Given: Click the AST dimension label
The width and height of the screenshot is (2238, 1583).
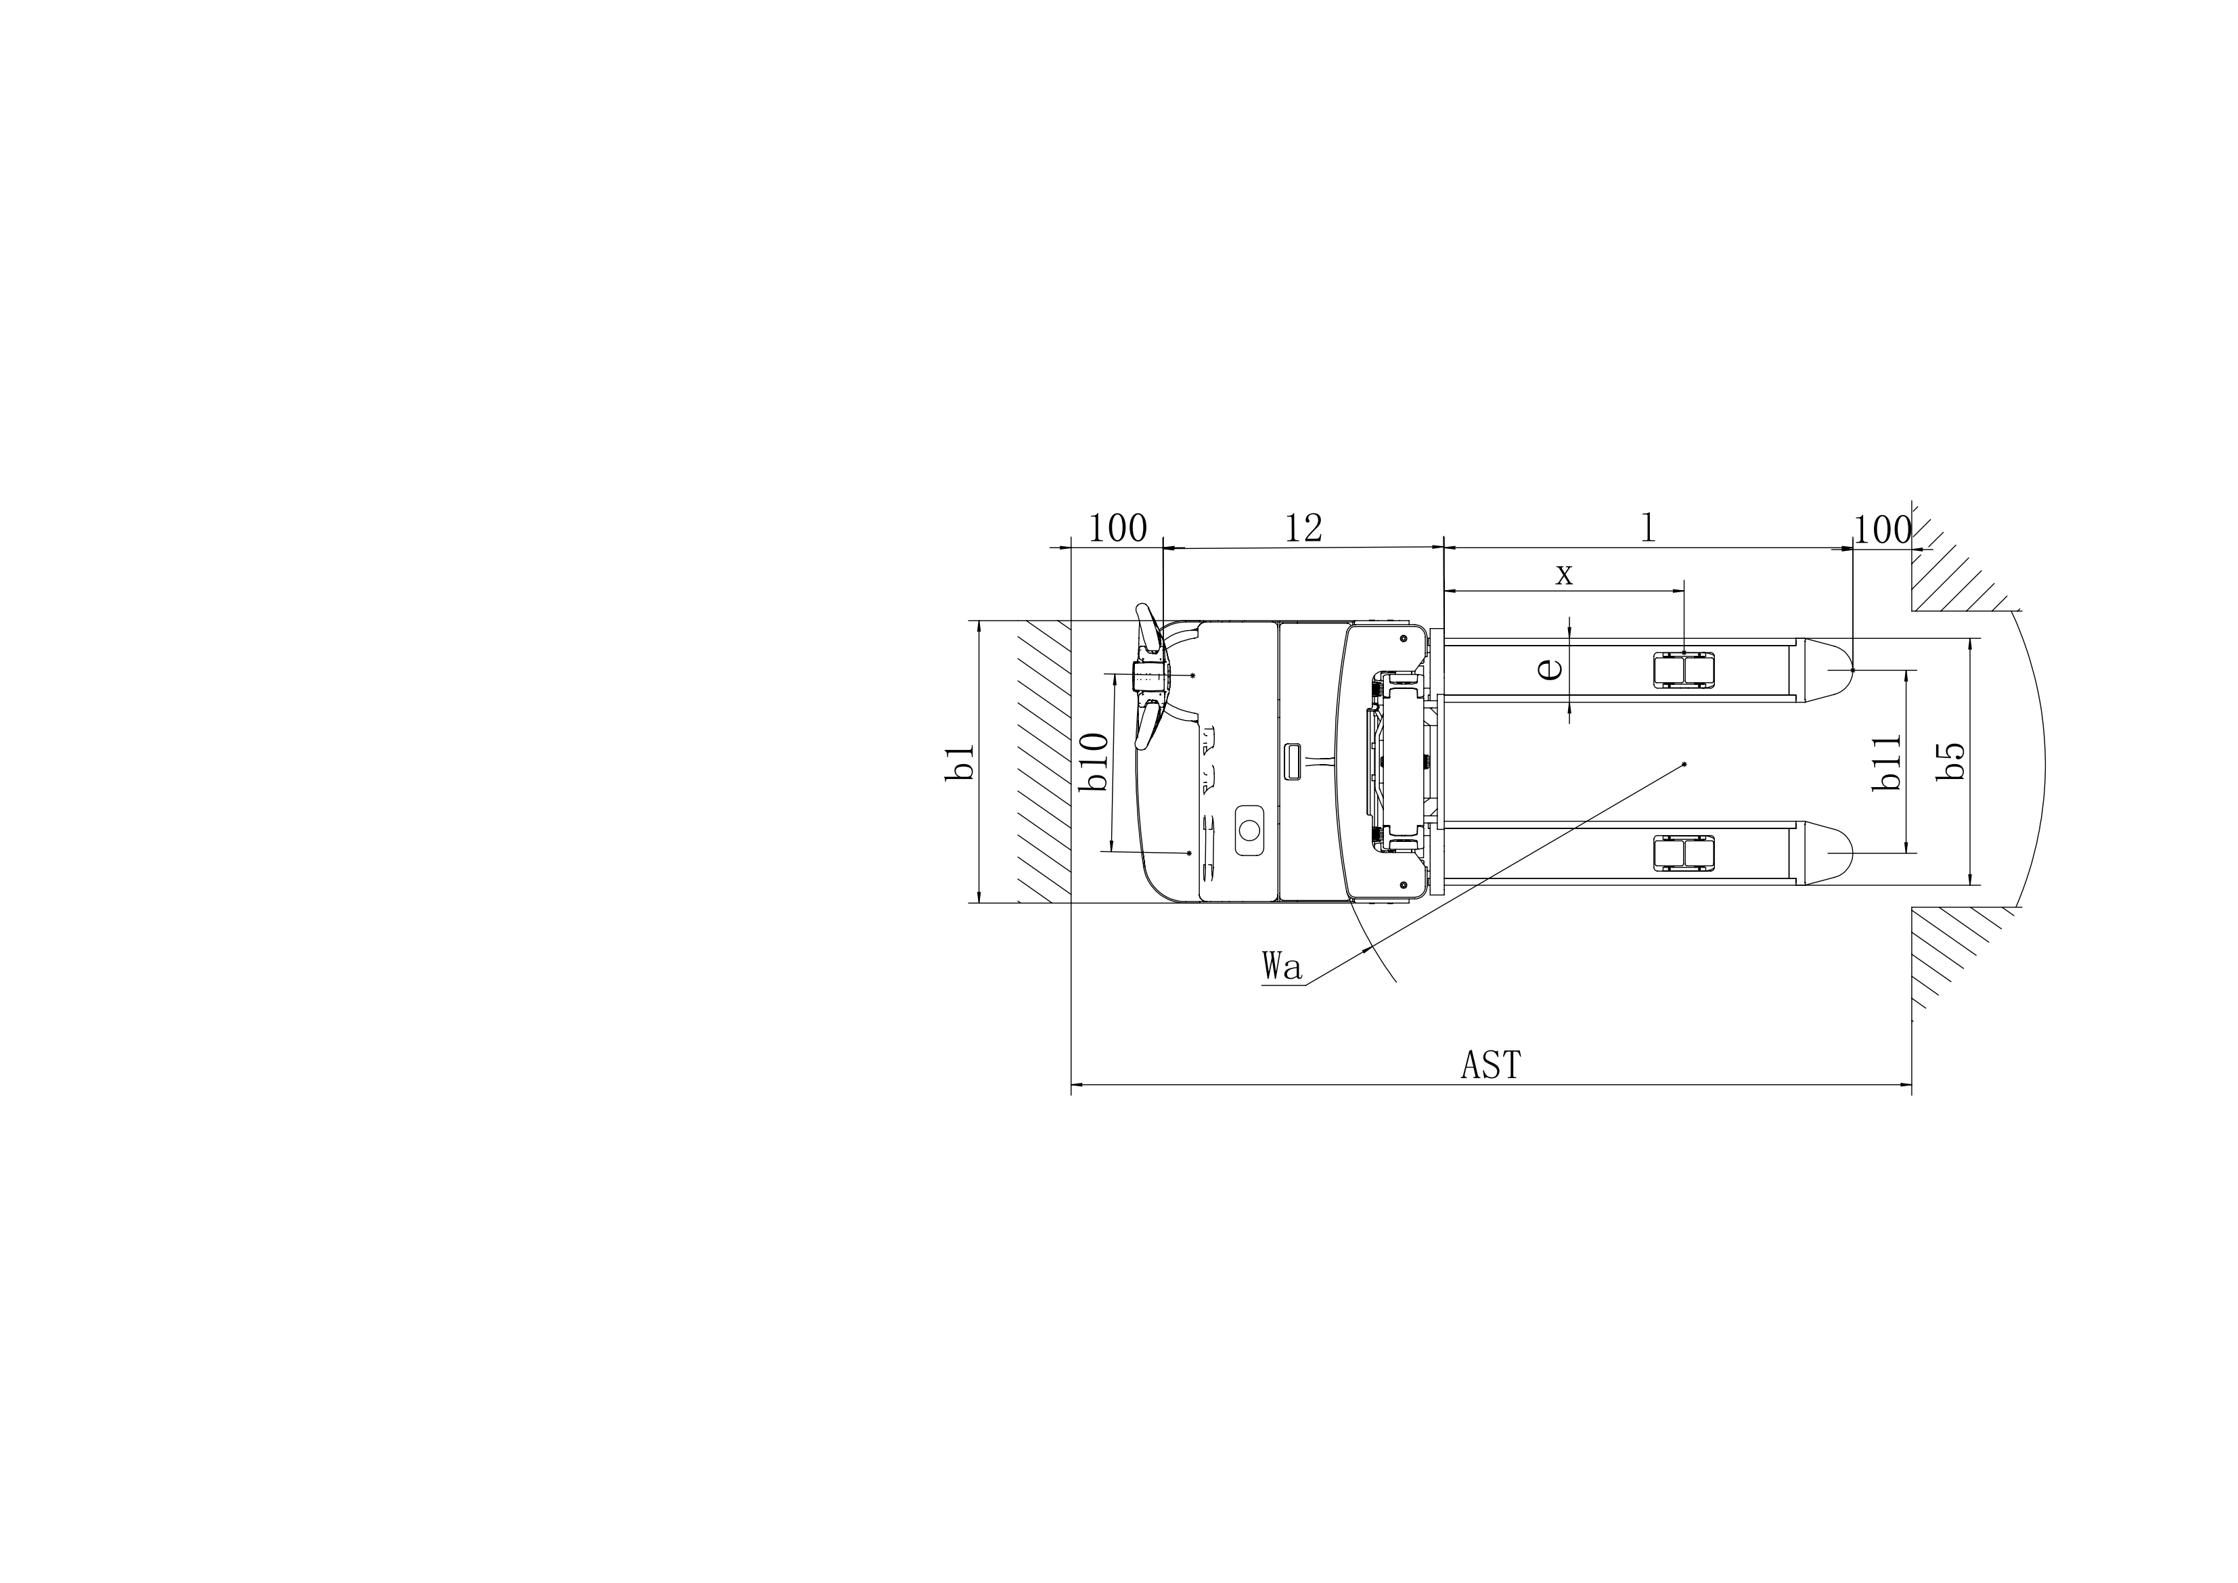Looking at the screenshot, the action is tap(1490, 1065).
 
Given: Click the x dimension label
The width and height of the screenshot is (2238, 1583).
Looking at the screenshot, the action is tap(1563, 575).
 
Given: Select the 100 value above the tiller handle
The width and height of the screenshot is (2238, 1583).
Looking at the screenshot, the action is tap(1117, 529).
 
